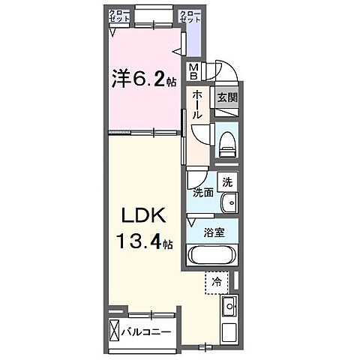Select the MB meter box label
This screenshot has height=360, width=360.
tap(194, 70)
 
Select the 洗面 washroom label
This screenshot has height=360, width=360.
tap(203, 193)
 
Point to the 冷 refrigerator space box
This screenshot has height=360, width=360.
tap(217, 283)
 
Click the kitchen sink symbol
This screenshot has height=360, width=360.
tap(230, 304)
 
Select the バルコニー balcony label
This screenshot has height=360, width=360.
tap(147, 331)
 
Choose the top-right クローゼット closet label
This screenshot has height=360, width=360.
tap(190, 16)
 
